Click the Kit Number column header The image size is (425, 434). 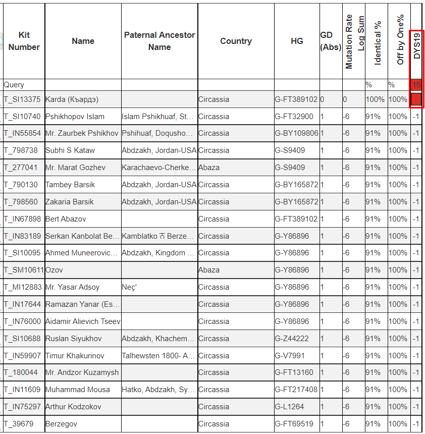[24, 41]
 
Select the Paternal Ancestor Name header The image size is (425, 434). [160, 41]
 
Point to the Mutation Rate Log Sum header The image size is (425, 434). [355, 41]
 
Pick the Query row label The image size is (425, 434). [14, 85]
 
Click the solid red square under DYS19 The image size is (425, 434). [416, 99]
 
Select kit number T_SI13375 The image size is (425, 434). [22, 99]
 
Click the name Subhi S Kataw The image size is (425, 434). [70, 150]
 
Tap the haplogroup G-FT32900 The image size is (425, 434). [294, 117]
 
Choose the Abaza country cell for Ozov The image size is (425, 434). [209, 270]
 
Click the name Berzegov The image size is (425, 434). [61, 424]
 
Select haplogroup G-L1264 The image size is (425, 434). [290, 407]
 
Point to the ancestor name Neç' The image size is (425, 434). [129, 287]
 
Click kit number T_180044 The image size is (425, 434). [21, 372]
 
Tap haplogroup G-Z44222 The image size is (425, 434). [292, 339]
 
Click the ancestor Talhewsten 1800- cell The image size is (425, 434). [158, 355]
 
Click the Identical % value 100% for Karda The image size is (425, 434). [375, 99]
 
